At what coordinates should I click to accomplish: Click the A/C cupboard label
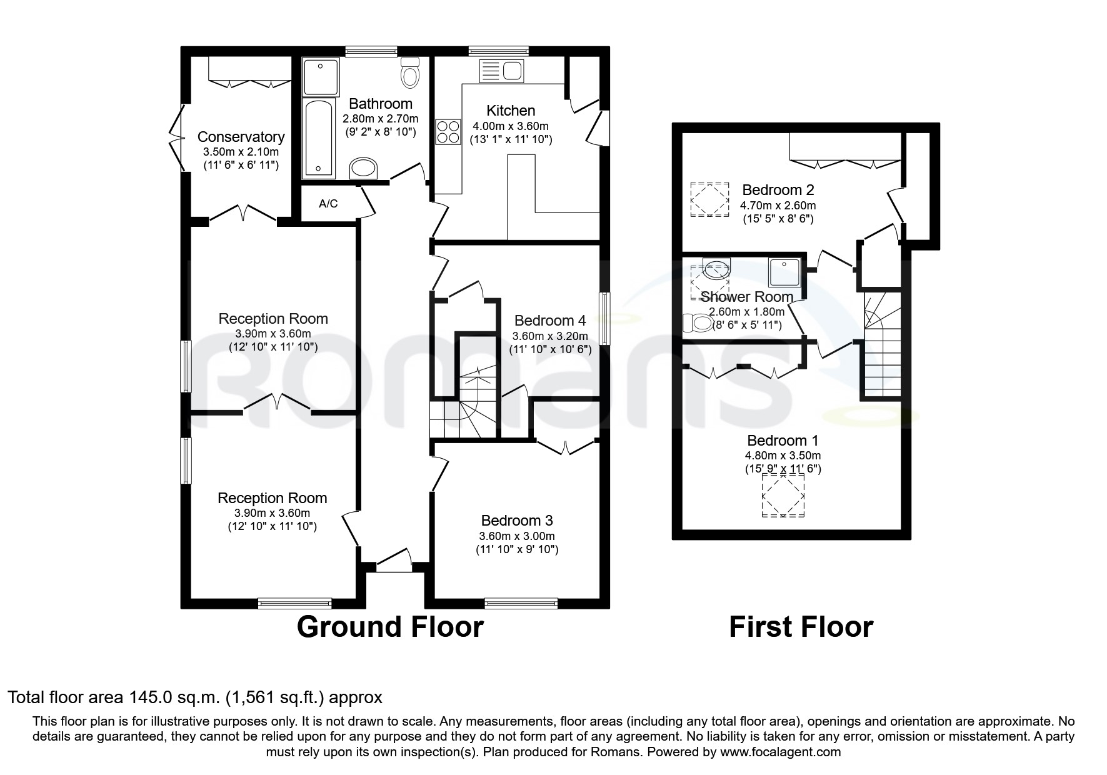[x=328, y=204]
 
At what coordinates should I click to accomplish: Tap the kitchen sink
[x=501, y=71]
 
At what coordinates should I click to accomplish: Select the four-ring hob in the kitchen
[x=448, y=132]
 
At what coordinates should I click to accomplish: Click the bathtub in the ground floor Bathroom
[x=319, y=137]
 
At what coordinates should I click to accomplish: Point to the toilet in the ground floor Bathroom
[x=410, y=72]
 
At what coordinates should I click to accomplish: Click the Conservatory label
[x=241, y=137]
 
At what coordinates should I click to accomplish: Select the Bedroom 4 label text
[x=550, y=321]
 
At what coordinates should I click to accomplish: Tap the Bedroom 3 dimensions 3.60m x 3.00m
[x=516, y=536]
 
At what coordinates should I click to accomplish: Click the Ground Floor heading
[x=389, y=627]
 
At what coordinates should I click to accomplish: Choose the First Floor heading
[x=801, y=627]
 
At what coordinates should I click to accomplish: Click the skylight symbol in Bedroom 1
[x=783, y=495]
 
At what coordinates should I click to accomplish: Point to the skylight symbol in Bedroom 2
[x=710, y=199]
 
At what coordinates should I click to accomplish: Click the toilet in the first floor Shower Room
[x=698, y=322]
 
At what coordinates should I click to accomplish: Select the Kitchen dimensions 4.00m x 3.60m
[x=510, y=126]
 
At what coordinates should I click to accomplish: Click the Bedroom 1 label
[x=782, y=441]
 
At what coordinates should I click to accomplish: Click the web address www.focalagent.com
[x=779, y=752]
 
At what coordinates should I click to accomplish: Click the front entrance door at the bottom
[x=394, y=561]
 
